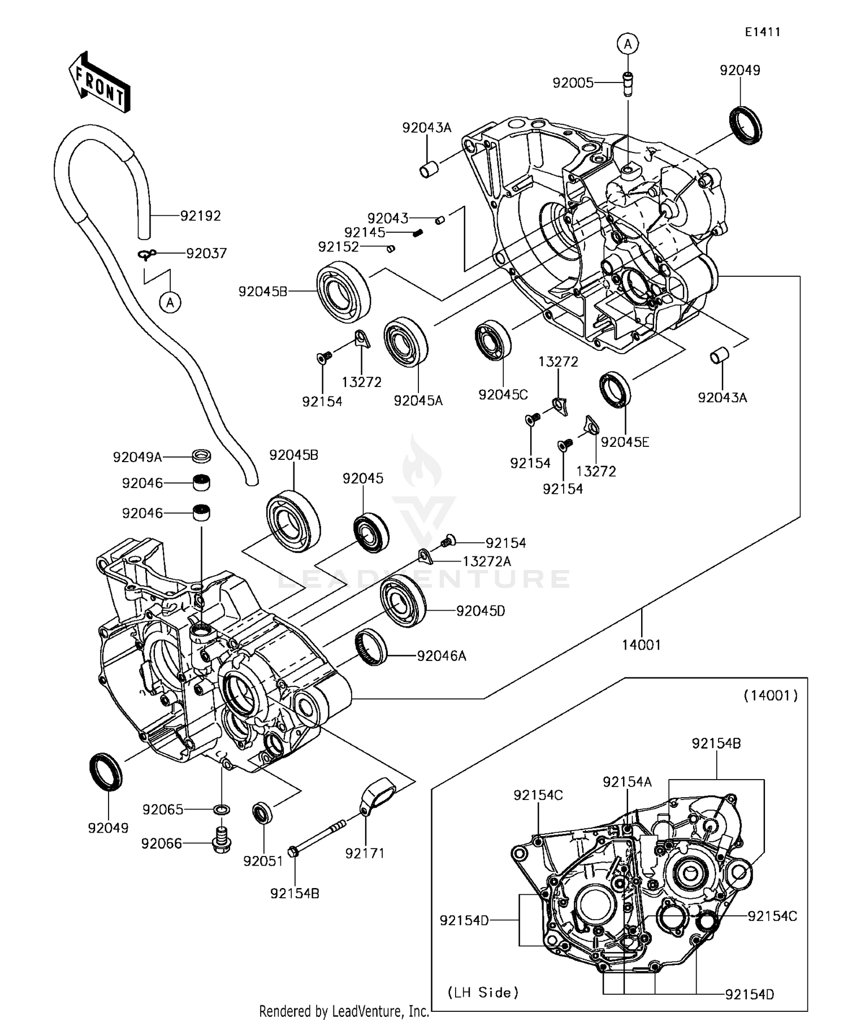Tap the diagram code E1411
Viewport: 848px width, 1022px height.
coord(762,32)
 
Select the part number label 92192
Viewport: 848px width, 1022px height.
coord(200,216)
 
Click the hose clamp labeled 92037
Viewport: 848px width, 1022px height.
coord(146,255)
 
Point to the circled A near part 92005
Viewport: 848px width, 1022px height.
coord(628,44)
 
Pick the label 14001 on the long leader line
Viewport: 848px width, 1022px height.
coord(641,645)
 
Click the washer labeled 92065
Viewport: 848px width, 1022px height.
coord(222,810)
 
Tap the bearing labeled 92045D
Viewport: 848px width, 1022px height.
coord(403,601)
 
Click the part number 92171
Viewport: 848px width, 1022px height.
coord(365,853)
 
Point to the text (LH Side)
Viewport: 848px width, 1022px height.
coord(483,992)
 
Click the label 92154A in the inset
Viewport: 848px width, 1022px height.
coord(627,781)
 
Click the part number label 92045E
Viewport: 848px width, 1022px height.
coord(625,442)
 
